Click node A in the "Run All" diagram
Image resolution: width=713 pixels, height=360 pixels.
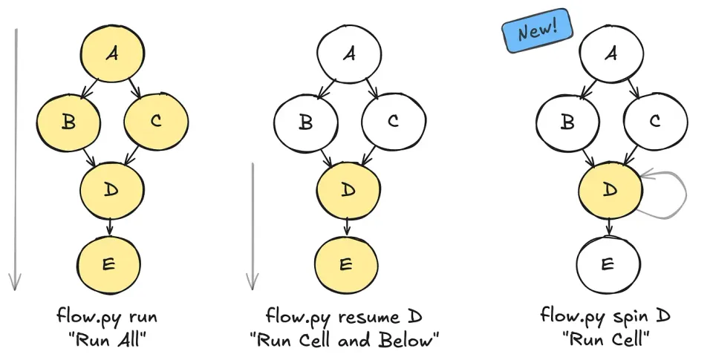tap(111, 56)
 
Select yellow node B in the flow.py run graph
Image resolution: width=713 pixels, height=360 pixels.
tap(68, 122)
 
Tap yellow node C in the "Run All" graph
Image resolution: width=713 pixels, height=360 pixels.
tap(154, 122)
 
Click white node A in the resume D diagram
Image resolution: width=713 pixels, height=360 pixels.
tap(348, 56)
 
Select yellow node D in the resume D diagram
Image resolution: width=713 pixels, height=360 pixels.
tap(348, 191)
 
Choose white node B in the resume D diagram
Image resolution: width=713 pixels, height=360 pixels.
tap(305, 122)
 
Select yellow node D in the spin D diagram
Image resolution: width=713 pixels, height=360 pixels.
tap(609, 191)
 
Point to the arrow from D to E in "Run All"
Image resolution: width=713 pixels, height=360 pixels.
tap(110, 227)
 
